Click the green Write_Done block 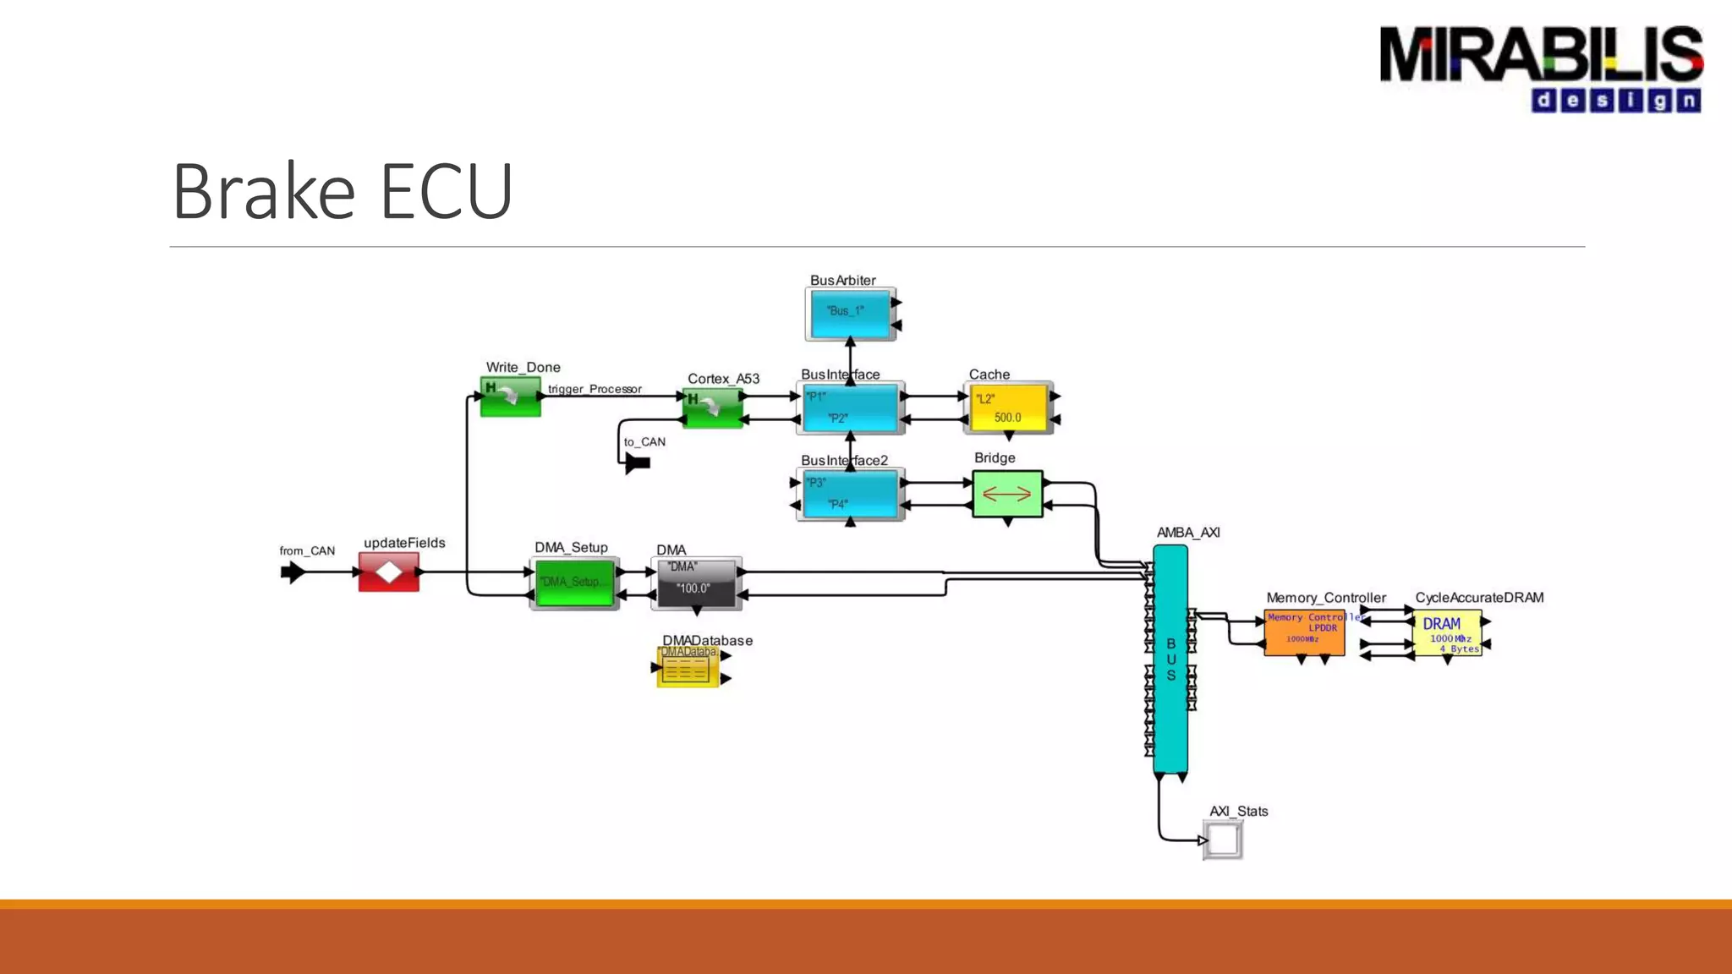[510, 397]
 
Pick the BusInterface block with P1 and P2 [850, 408]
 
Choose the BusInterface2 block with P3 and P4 [850, 494]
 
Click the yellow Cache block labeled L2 [1008, 408]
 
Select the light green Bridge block [1007, 494]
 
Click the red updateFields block [389, 572]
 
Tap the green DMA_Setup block [574, 583]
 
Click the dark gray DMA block [696, 583]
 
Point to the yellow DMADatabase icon [688, 668]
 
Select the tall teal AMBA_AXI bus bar [1170, 659]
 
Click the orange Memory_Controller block [1304, 632]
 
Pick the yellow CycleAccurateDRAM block [1447, 632]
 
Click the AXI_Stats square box [1223, 840]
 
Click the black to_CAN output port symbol [638, 462]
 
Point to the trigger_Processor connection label [595, 389]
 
